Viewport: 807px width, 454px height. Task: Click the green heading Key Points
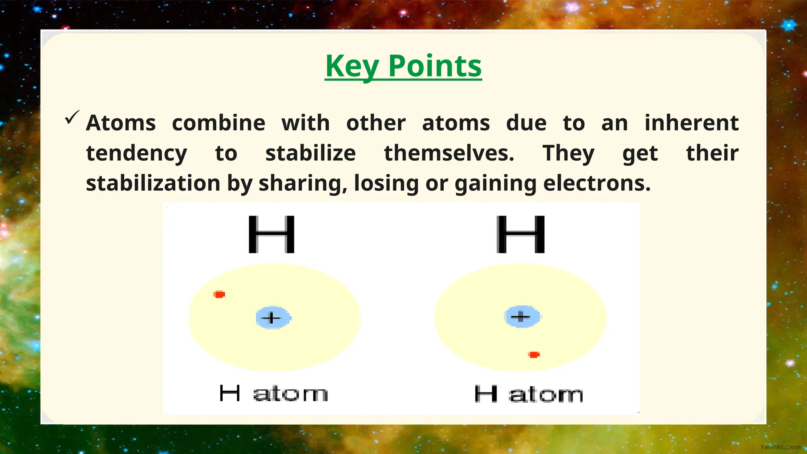coord(403,66)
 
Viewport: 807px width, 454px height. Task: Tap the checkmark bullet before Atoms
coord(72,117)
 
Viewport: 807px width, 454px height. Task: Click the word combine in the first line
coord(219,123)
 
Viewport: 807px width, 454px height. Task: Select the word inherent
coord(691,123)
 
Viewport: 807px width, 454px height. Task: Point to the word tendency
coord(136,153)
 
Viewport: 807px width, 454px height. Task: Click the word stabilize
coord(311,153)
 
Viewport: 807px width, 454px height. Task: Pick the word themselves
coord(449,153)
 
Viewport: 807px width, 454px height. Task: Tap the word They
coord(568,153)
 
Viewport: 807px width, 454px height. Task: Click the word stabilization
coord(153,183)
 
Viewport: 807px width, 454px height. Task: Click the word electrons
coord(597,183)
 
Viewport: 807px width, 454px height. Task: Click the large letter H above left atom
coord(271,234)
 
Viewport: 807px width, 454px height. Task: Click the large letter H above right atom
coord(521,234)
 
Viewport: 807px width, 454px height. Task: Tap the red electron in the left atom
coord(219,294)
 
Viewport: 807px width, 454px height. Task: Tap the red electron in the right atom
coord(534,355)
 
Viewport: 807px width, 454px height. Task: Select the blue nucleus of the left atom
coord(273,318)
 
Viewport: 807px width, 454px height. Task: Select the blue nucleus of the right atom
coord(522,316)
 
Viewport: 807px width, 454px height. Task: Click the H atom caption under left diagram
coord(273,394)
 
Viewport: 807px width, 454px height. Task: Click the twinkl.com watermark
coord(781,447)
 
